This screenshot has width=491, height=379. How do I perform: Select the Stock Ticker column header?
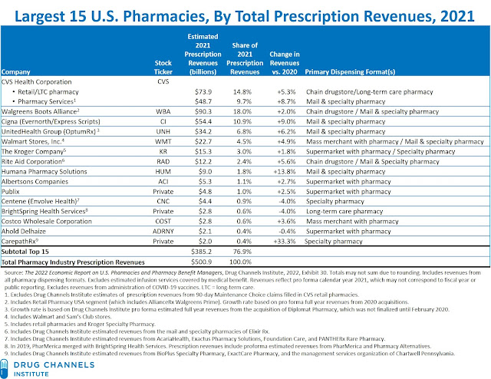[x=163, y=69]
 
